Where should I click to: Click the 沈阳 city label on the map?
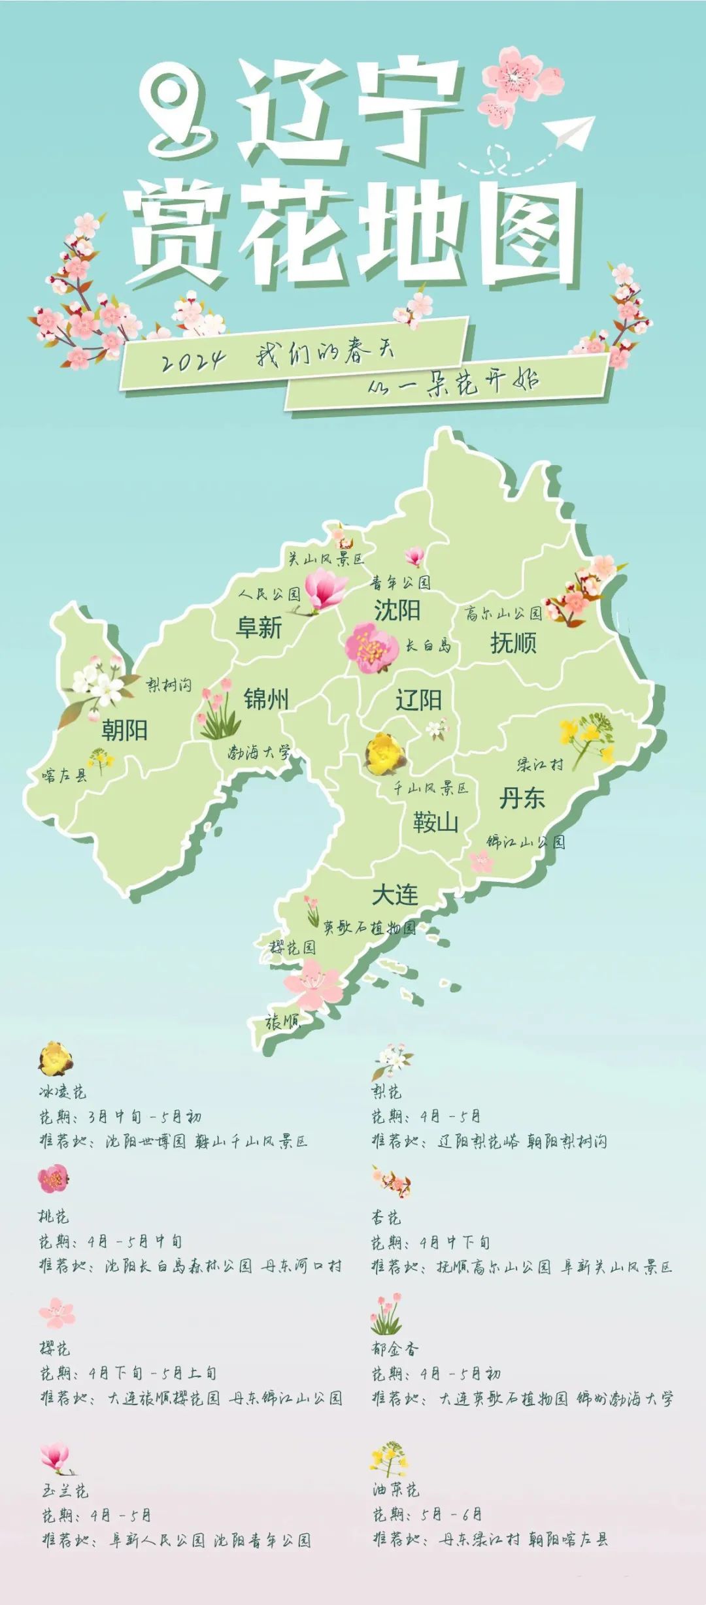(x=397, y=610)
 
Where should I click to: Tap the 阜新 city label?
(x=259, y=628)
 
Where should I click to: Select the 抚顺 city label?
(x=513, y=643)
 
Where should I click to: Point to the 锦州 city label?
(x=266, y=699)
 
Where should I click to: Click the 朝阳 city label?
(x=124, y=730)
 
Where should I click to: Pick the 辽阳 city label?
(x=418, y=700)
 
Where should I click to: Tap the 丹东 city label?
(x=522, y=798)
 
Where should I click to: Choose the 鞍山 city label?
(x=435, y=822)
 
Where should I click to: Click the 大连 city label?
(x=395, y=894)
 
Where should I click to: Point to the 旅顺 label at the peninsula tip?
(x=282, y=1022)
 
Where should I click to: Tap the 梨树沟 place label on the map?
(x=169, y=685)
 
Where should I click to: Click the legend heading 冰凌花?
(x=62, y=1092)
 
